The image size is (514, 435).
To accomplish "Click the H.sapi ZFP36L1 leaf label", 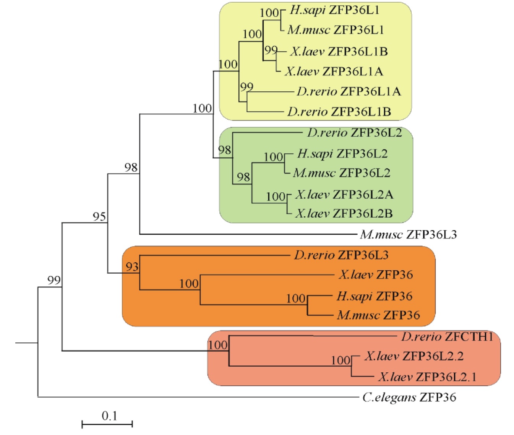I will (x=334, y=10).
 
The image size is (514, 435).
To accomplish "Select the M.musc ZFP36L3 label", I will (x=408, y=234).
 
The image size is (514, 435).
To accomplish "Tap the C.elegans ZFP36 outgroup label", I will (x=409, y=398).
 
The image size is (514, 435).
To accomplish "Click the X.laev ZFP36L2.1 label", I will (x=427, y=377).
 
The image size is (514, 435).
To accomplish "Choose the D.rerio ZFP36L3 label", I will (x=341, y=255).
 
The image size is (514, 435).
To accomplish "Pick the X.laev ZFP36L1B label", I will (x=339, y=51).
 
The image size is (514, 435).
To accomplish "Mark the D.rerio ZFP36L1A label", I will (x=349, y=91).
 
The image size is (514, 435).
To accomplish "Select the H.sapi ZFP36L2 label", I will (x=342, y=154).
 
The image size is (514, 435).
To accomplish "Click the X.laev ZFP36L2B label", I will (x=344, y=213).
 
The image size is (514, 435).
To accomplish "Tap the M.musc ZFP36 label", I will (x=378, y=315).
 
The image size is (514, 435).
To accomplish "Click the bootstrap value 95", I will (x=99, y=217).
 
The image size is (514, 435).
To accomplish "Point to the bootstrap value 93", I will (x=132, y=266).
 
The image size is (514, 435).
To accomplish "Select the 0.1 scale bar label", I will (x=109, y=416).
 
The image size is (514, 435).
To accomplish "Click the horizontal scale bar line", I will (x=107, y=424).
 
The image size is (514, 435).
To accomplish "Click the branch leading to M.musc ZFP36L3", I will (x=248, y=234).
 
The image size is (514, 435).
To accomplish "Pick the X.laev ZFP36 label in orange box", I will (x=375, y=274).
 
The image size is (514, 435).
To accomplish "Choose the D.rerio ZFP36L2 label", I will (x=354, y=133).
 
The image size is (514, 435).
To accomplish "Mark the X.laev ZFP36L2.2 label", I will (x=414, y=356).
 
